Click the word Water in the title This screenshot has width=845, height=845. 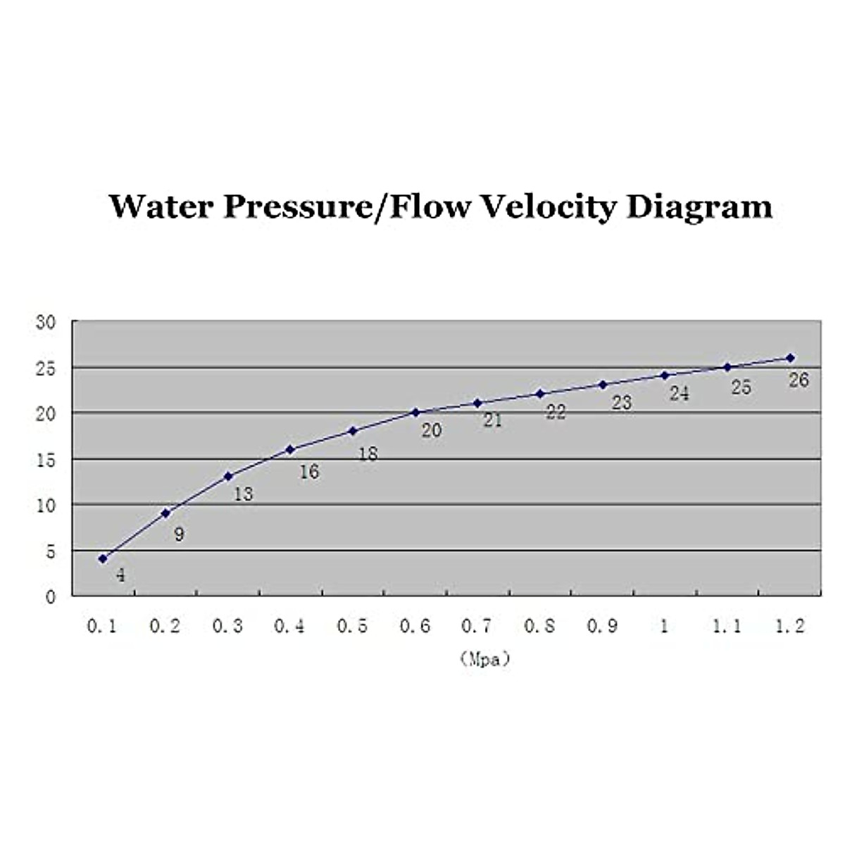[x=160, y=206]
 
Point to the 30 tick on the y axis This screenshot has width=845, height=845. [x=45, y=323]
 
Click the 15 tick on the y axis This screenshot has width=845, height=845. [x=45, y=460]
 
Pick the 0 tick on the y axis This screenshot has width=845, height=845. [x=50, y=597]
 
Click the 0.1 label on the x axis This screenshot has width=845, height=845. [x=102, y=626]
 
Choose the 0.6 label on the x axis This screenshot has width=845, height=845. [x=415, y=626]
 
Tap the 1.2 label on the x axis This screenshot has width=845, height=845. [x=789, y=626]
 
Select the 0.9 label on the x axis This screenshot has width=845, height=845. [x=602, y=626]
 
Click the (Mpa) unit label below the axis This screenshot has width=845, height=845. [x=484, y=660]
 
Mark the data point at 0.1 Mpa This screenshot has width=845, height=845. [x=103, y=558]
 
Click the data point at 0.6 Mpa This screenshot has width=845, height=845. [x=415, y=412]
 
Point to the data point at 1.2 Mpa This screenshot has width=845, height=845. [x=790, y=358]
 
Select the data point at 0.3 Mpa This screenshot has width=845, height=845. [x=228, y=476]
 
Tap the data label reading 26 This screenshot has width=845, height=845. [x=799, y=380]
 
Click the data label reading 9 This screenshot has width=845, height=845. [x=179, y=534]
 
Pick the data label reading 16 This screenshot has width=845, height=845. [x=309, y=472]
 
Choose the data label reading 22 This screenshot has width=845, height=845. [x=556, y=412]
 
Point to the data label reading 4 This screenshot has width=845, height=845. [x=120, y=575]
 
